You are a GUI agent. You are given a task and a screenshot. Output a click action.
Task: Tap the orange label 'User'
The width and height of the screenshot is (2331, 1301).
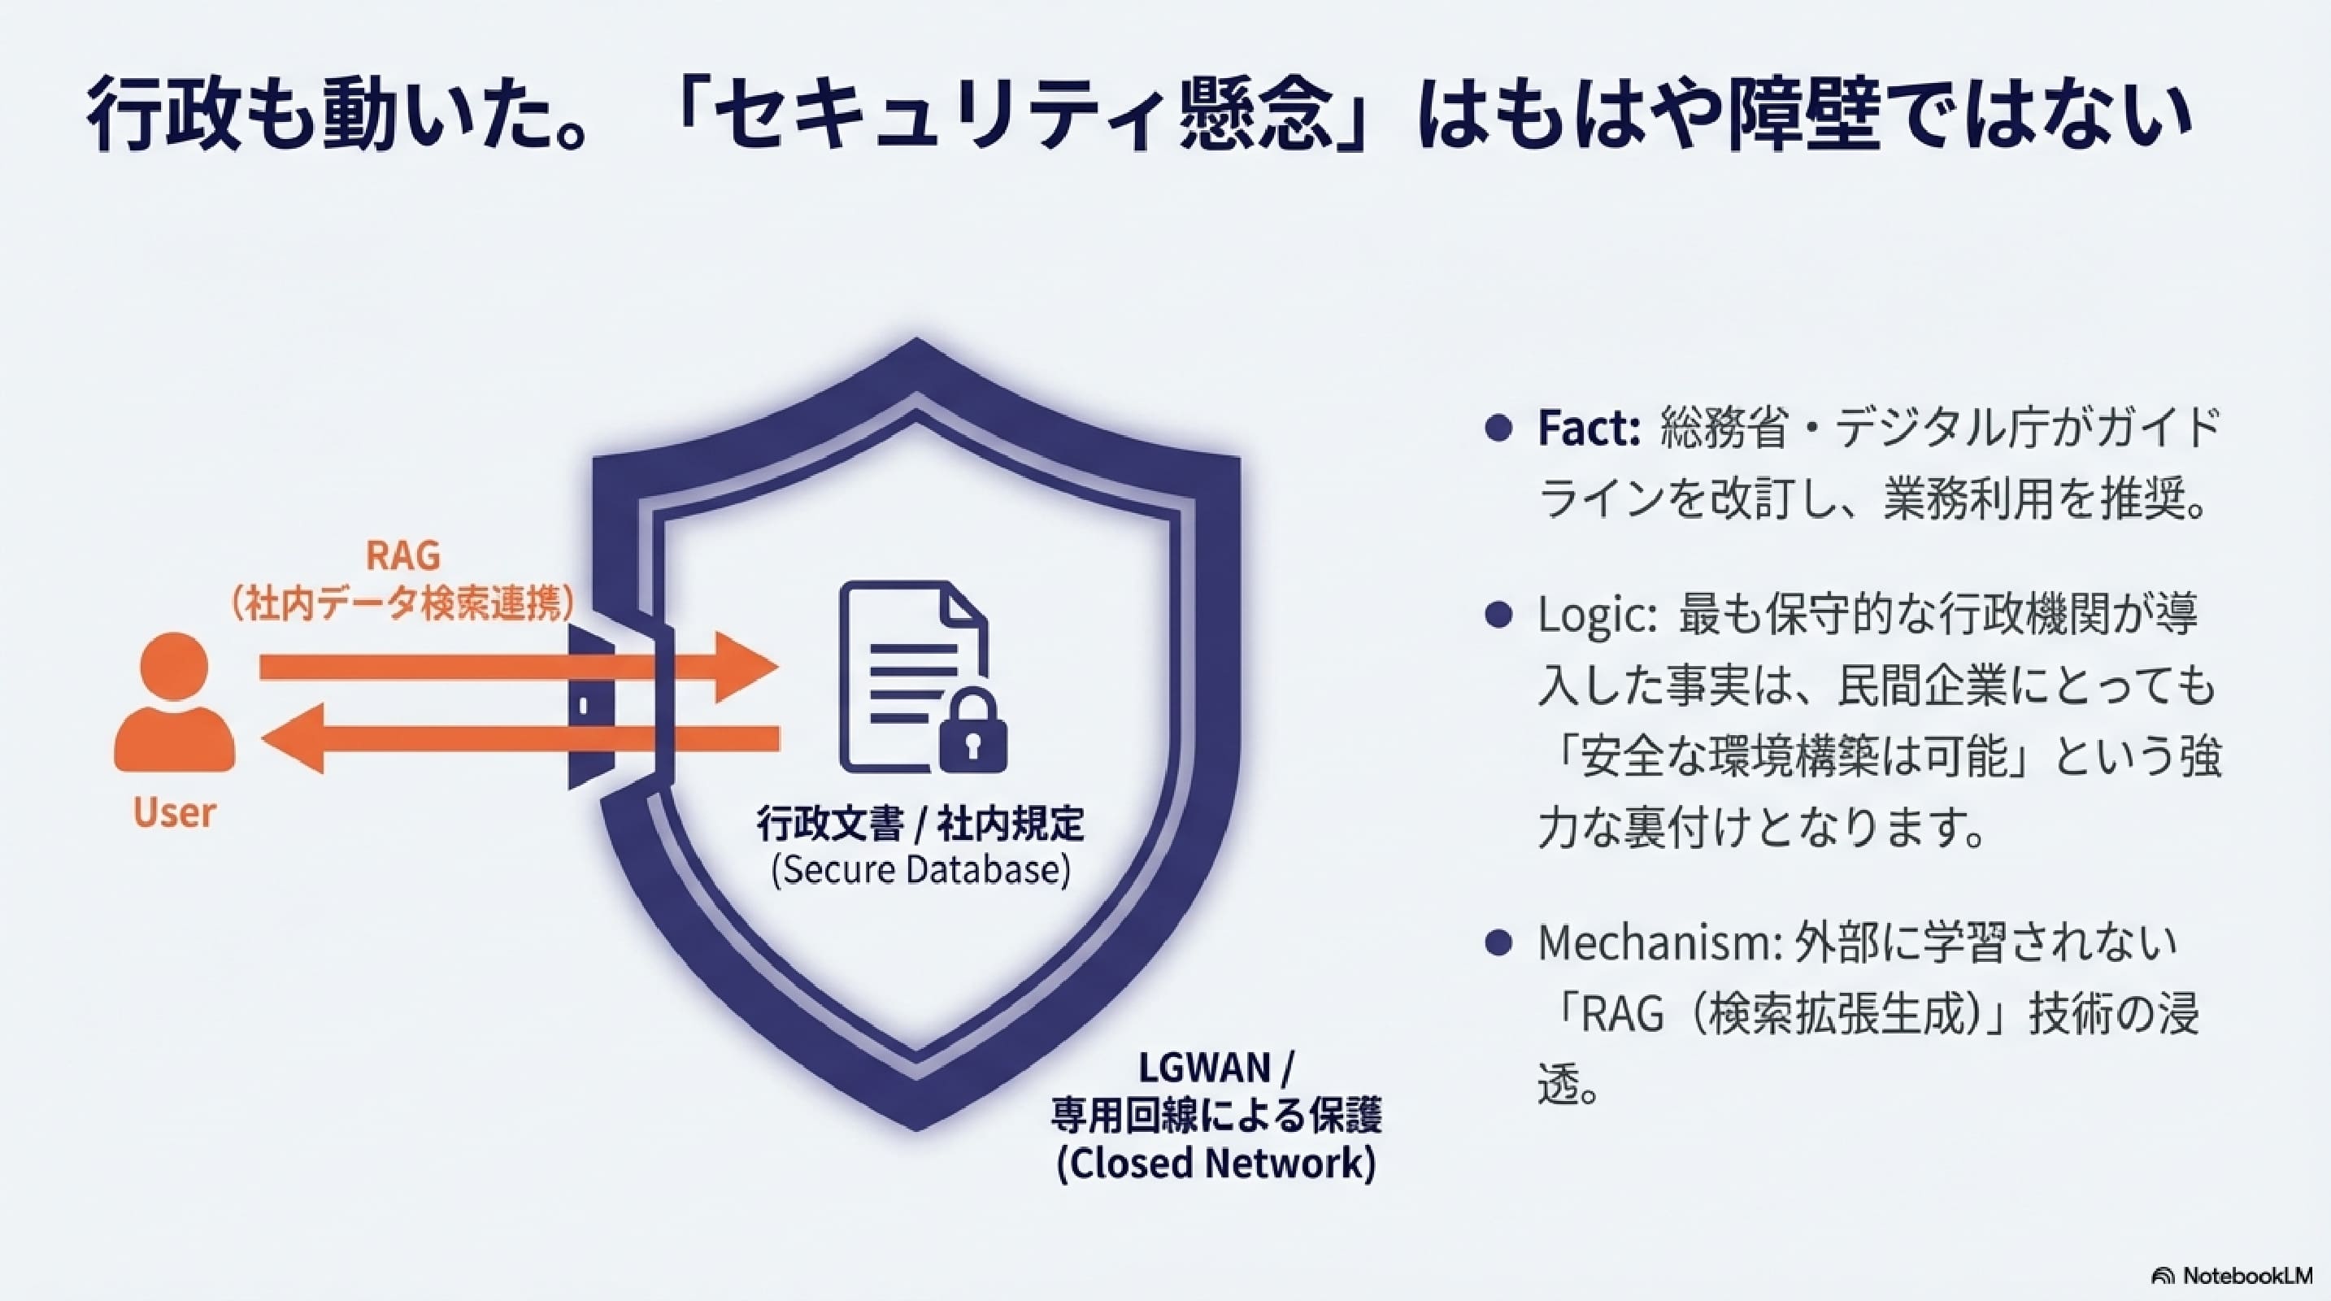click(x=175, y=812)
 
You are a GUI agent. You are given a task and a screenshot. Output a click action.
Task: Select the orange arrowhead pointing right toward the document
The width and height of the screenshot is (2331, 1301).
click(x=744, y=668)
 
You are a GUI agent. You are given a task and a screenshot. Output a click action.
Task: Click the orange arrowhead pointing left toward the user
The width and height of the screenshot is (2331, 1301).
click(x=294, y=739)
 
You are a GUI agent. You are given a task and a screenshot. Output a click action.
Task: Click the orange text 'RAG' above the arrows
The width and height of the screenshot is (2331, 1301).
click(x=403, y=555)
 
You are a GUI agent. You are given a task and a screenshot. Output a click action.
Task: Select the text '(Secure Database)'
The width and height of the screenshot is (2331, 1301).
click(x=920, y=869)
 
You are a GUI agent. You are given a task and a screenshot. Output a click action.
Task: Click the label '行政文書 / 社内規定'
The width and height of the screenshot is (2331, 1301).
click(x=920, y=824)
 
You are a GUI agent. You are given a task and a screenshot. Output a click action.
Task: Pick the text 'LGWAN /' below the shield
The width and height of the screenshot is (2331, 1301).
click(x=1216, y=1068)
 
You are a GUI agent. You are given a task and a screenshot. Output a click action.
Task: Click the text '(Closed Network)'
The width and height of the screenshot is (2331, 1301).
click(x=1216, y=1164)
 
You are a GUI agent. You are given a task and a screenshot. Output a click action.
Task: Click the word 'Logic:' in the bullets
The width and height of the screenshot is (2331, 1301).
click(x=1596, y=616)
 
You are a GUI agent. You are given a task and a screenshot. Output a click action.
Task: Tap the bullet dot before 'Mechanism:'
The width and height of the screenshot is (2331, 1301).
click(x=1499, y=944)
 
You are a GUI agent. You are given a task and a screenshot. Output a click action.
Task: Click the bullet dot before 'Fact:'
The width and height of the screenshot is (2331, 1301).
click(x=1499, y=428)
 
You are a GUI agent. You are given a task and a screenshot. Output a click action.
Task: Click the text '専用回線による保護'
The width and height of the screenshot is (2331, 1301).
click(x=1216, y=1116)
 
